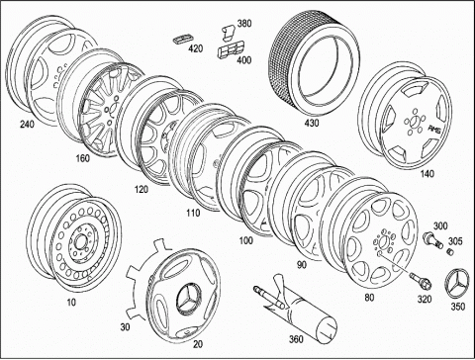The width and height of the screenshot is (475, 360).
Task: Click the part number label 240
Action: click(x=27, y=125)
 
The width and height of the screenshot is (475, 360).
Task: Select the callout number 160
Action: click(x=82, y=158)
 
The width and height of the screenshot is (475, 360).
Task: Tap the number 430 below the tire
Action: click(x=312, y=124)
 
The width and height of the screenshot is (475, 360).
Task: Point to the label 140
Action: click(x=427, y=173)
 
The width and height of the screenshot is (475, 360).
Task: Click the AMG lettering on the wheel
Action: click(x=433, y=130)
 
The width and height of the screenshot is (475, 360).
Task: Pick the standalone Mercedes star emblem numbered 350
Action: click(x=457, y=284)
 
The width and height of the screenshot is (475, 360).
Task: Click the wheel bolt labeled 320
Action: click(x=419, y=279)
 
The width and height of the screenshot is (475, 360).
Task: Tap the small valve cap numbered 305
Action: click(x=450, y=252)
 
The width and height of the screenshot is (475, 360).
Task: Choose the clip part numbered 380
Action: click(x=228, y=34)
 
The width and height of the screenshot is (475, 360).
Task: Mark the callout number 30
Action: click(x=125, y=327)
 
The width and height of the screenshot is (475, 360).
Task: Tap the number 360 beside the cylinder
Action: click(x=296, y=339)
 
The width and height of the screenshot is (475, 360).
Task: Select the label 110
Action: click(x=193, y=213)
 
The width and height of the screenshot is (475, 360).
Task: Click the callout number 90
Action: click(x=302, y=265)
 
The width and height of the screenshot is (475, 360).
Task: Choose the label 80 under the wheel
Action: click(x=369, y=298)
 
